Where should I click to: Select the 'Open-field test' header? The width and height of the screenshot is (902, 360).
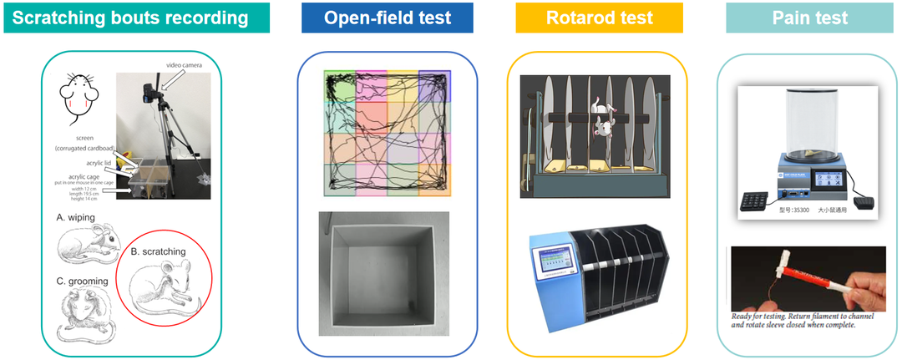(x=388, y=18)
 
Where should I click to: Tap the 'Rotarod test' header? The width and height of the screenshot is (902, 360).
(x=599, y=18)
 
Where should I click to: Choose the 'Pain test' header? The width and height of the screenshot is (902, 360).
(x=809, y=18)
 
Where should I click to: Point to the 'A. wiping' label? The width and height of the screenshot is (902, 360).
(x=76, y=217)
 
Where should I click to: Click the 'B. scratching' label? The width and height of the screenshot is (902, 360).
(x=159, y=251)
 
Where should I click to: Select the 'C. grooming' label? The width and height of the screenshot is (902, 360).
(x=83, y=281)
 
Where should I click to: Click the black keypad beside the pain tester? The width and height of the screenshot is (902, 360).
(x=758, y=199)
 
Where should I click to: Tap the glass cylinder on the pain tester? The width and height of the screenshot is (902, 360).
(x=807, y=121)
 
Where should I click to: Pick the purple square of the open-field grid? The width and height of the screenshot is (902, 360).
(x=434, y=86)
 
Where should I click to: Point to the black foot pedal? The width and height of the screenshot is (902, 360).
(x=860, y=201)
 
